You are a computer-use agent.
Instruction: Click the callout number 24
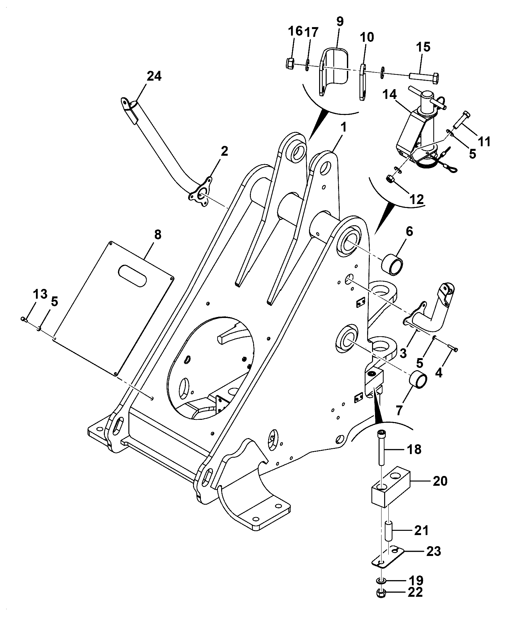(x=154, y=76)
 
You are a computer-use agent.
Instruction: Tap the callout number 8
(x=157, y=235)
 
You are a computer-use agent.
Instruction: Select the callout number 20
(x=439, y=481)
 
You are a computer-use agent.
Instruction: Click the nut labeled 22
(x=380, y=593)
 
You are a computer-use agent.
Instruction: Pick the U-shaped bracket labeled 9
(x=333, y=71)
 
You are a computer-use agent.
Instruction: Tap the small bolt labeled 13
(x=24, y=319)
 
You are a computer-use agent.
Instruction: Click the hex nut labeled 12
(x=390, y=179)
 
